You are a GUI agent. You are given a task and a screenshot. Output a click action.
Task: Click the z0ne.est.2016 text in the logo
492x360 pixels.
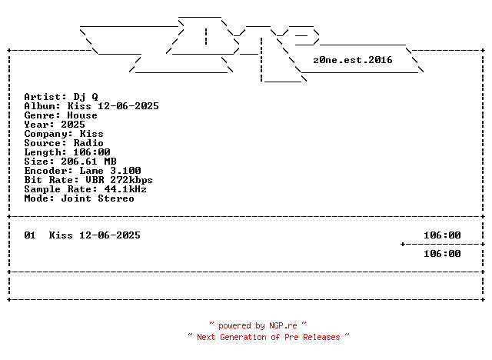353,60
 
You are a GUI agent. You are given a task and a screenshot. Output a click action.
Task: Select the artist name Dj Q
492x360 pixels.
85,97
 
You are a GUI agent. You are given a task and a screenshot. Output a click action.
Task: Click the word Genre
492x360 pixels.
39,115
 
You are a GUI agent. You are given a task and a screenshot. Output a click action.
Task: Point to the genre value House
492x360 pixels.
82,115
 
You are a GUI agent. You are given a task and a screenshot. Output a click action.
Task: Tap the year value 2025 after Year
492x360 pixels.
73,125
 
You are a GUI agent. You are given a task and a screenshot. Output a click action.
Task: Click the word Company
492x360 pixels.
45,134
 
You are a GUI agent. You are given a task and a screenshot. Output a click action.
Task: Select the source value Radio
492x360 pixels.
88,143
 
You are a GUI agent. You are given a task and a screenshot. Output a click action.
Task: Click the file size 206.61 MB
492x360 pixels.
88,162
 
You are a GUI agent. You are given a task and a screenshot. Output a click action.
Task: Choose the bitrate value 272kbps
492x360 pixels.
131,180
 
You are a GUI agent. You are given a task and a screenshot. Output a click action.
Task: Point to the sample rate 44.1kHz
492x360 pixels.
125,189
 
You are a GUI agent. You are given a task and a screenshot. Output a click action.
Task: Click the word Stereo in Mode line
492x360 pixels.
116,198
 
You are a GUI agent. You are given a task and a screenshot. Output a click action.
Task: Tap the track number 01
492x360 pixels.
30,235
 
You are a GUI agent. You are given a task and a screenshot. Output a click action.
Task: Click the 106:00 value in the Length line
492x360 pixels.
91,152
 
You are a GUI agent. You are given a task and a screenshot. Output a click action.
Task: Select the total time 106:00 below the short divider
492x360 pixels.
442,254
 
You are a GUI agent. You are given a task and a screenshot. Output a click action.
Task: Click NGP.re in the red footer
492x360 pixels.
283,326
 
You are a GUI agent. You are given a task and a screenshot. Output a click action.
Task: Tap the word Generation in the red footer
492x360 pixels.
243,338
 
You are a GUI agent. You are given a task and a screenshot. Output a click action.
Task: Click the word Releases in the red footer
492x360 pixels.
321,338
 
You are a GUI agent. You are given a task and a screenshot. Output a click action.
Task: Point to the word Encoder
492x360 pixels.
45,171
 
